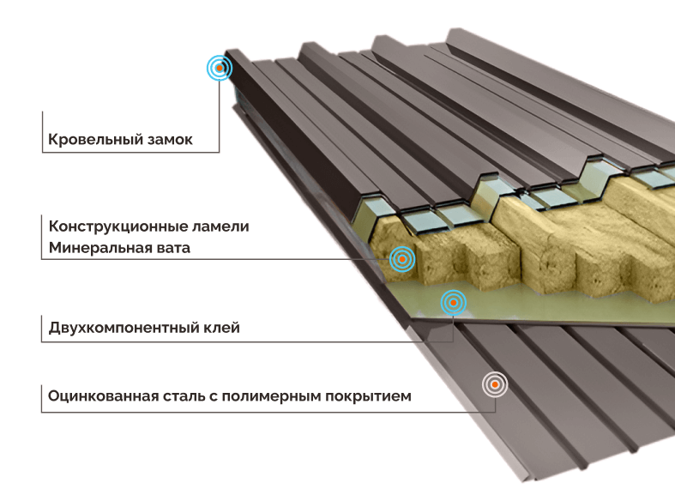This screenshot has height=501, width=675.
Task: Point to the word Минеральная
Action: pyautogui.click(x=97, y=248)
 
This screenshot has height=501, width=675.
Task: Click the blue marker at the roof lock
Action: pyautogui.click(x=220, y=68)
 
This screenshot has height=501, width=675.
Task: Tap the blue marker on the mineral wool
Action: pyautogui.click(x=401, y=258)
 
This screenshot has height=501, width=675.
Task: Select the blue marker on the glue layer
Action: pyautogui.click(x=453, y=301)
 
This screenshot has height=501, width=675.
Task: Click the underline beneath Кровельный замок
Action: pyautogui.click(x=129, y=153)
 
